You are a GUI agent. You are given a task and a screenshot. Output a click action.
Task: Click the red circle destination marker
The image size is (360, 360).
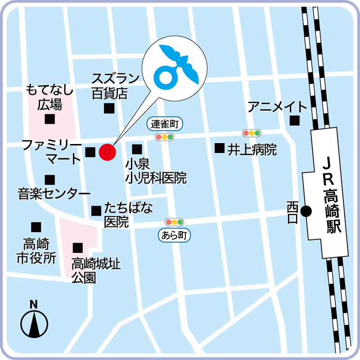click(x=107, y=152)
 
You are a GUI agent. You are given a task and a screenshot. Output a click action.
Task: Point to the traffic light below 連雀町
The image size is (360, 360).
click(x=164, y=136)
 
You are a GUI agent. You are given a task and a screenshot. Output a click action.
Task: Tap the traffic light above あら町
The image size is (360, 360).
click(x=175, y=222)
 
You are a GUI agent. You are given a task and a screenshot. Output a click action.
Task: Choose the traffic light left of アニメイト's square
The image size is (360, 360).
click(x=252, y=133)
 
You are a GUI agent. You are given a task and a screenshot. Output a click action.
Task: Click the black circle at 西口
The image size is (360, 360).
click(x=306, y=211)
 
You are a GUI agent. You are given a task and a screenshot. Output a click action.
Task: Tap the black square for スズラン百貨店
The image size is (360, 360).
click(x=109, y=108)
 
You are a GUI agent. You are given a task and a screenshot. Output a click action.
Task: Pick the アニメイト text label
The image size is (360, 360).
click(x=277, y=107)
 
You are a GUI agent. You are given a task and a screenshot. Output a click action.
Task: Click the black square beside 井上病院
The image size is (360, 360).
click(x=220, y=148)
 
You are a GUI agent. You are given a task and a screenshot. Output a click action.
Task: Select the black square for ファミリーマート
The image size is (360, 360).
click(x=90, y=152)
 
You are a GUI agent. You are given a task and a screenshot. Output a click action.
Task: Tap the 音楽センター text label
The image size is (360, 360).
click(x=54, y=194)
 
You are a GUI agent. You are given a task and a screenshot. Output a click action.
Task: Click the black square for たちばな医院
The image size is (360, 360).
click(x=96, y=211)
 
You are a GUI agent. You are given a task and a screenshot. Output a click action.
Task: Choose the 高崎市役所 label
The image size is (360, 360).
click(x=36, y=252)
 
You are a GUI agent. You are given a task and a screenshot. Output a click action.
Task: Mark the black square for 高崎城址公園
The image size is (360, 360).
click(x=78, y=247)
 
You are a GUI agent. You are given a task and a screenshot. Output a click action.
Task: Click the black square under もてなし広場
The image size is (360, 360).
click(x=49, y=119)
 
